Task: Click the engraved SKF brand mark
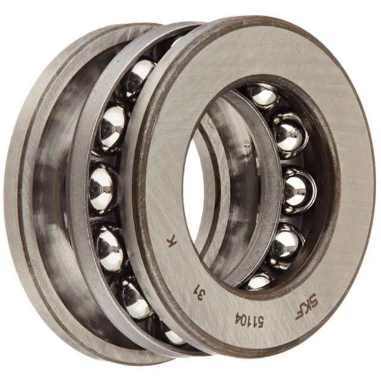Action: click(306, 306)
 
